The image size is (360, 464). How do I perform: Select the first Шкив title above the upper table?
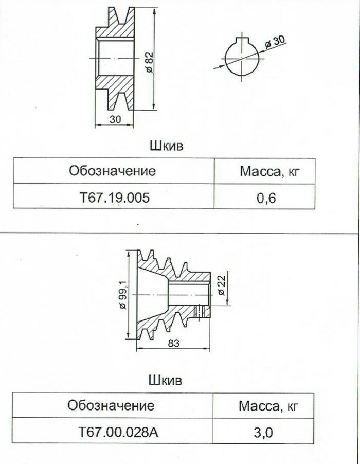[167, 146]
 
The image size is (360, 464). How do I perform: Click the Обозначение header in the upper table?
[113, 171]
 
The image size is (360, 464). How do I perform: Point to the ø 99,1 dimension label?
[122, 295]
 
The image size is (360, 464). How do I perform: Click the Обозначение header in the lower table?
[111, 405]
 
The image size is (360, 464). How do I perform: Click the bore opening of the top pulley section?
[114, 58]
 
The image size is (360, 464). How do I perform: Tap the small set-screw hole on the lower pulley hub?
[200, 311]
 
